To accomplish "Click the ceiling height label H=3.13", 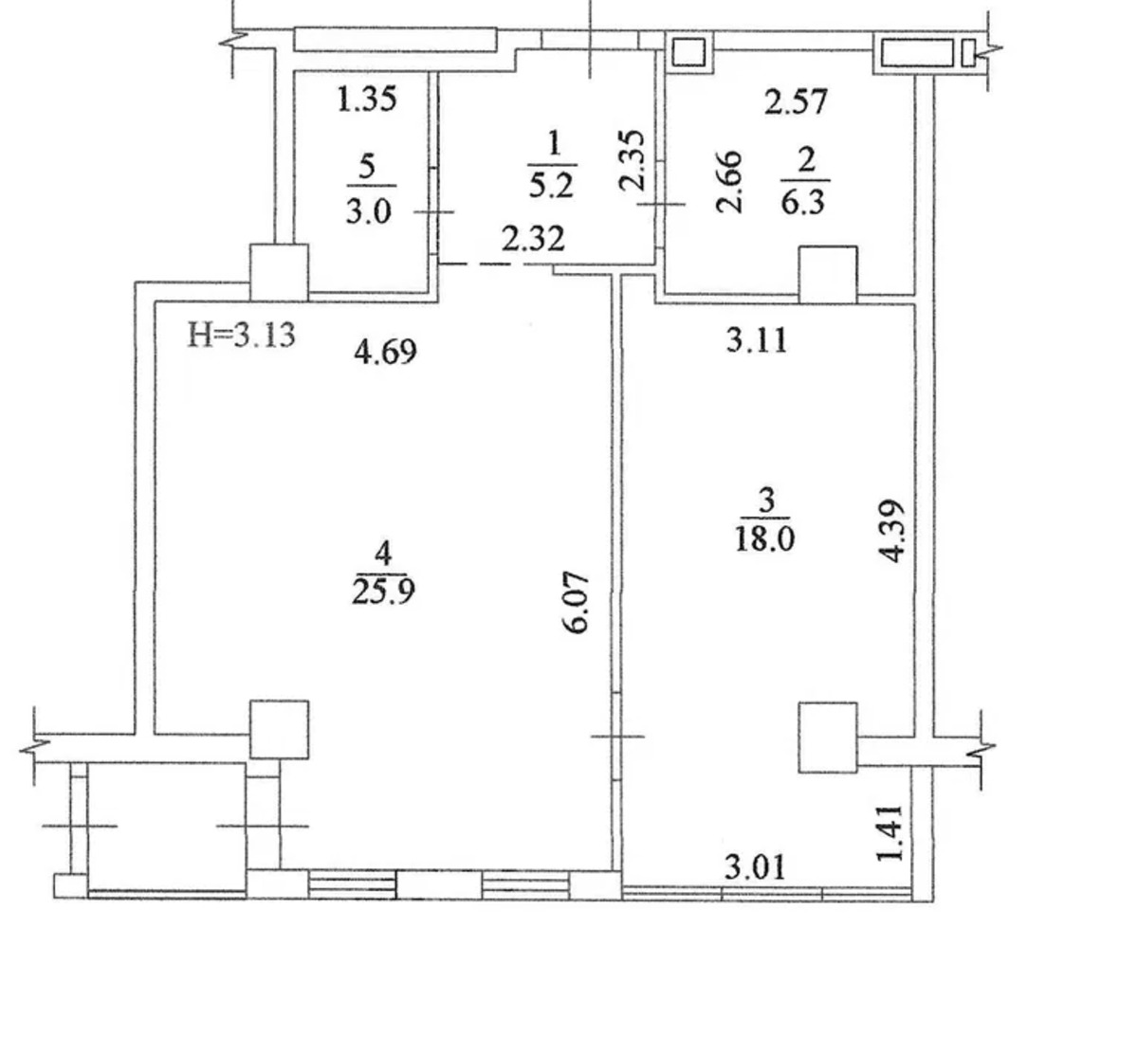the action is (x=241, y=335).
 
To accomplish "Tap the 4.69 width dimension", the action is (x=385, y=353).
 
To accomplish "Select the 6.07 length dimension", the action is (x=578, y=603).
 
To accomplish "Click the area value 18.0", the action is (x=764, y=538).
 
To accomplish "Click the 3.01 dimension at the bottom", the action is (x=755, y=867).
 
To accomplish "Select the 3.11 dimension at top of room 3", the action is (x=757, y=341).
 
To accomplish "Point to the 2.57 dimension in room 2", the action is (x=796, y=102).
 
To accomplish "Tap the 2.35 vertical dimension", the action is (x=632, y=160).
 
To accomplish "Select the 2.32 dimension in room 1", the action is (x=533, y=238).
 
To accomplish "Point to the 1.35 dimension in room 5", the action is (x=366, y=99).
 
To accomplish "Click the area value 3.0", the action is (x=369, y=212).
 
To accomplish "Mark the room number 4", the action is (x=383, y=553).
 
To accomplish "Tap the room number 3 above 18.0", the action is (x=766, y=501).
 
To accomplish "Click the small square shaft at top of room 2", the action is (x=688, y=52).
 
